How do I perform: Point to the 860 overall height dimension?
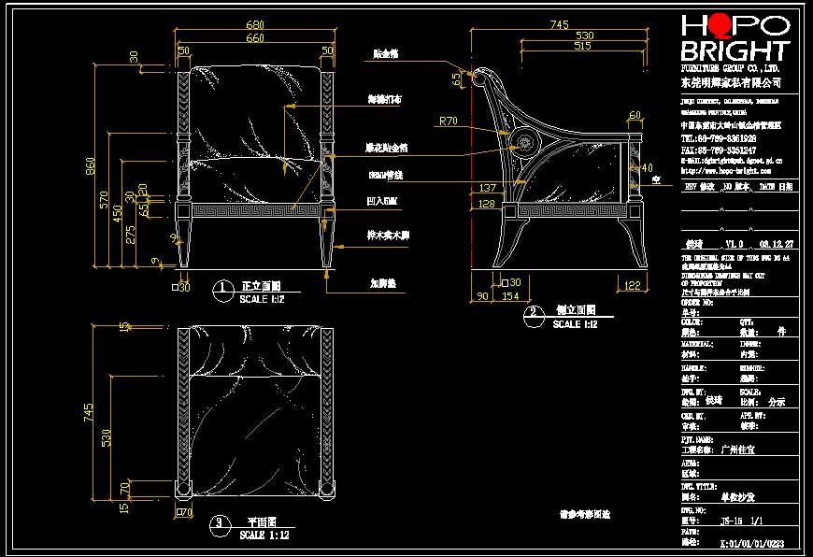pos(91,166)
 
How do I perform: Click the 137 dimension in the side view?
pos(487,188)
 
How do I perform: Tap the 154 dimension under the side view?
pos(509,295)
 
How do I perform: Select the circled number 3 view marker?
pos(220,524)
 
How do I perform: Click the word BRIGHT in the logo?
pos(735,50)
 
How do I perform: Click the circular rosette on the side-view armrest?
pos(523,143)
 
